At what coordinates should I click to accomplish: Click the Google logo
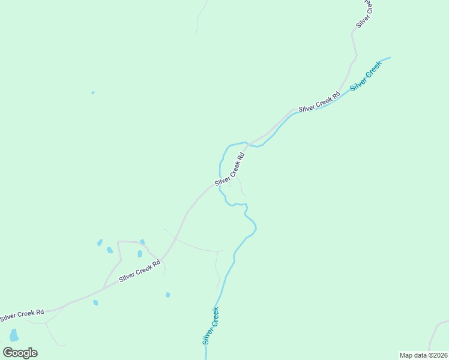(x=20, y=353)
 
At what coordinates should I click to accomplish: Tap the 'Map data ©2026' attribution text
(x=423, y=355)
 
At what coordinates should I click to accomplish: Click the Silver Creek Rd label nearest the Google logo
(x=22, y=313)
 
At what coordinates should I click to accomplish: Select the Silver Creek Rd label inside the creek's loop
(x=230, y=169)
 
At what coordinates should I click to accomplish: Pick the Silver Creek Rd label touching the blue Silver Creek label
(x=319, y=101)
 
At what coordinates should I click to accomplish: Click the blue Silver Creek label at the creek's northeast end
(x=366, y=76)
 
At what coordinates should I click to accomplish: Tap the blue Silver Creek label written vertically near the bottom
(x=210, y=325)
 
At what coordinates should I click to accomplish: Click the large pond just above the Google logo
(x=14, y=335)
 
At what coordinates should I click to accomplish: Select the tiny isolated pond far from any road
(x=92, y=93)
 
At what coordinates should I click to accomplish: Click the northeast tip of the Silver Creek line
(x=390, y=58)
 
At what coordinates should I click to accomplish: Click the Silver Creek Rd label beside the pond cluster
(x=140, y=271)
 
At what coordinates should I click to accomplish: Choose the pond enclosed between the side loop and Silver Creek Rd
(x=140, y=254)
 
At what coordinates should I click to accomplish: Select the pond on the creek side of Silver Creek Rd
(x=167, y=295)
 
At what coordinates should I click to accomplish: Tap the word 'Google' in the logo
(x=20, y=353)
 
